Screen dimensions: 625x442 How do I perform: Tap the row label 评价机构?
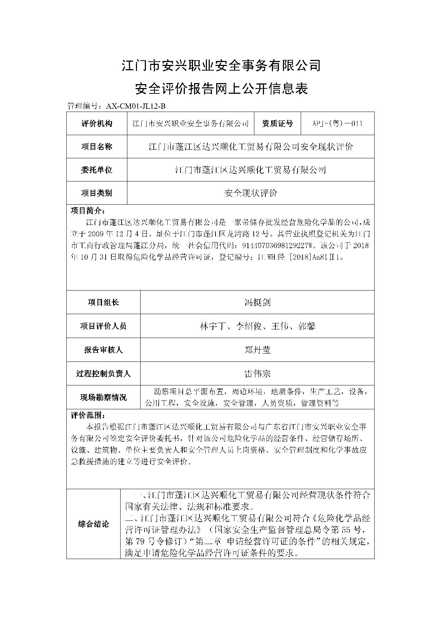click(97, 123)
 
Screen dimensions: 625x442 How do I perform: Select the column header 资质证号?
click(277, 123)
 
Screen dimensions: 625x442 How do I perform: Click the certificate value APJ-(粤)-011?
click(337, 123)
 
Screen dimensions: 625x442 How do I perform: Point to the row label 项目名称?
click(97, 147)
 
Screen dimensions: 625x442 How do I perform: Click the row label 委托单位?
click(97, 170)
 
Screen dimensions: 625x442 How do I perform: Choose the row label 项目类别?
click(97, 193)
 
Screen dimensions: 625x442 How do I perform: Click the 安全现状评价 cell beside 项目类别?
click(250, 193)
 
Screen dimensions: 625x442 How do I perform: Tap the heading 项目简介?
click(88, 210)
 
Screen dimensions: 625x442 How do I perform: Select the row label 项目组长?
click(103, 302)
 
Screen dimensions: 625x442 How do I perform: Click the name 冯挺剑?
click(257, 302)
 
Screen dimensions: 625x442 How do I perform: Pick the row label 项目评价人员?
click(103, 326)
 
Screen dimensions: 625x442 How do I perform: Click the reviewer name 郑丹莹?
click(257, 350)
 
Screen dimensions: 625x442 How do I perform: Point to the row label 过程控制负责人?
click(103, 374)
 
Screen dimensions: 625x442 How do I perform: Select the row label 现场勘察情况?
click(103, 397)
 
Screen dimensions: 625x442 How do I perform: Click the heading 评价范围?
click(88, 415)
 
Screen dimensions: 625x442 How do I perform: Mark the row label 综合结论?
click(93, 524)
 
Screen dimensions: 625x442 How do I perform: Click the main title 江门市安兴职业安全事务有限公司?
click(221, 66)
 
